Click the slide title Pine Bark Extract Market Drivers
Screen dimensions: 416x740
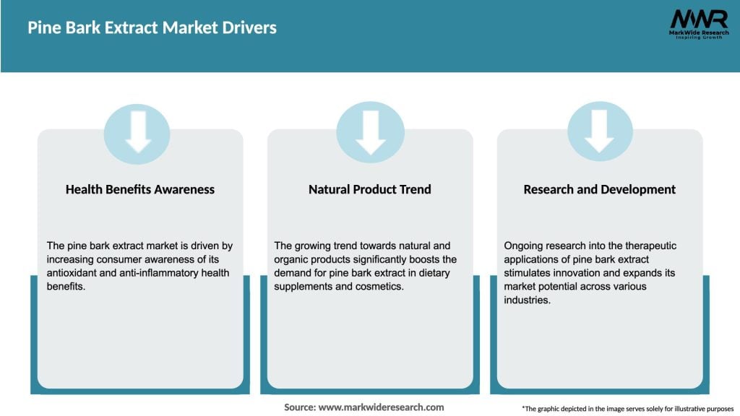coord(152,28)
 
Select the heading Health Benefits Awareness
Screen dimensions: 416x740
coord(140,189)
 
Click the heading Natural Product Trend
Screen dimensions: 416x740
coord(370,189)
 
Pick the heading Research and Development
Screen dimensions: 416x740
coord(600,189)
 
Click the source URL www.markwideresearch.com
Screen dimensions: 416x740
coord(382,407)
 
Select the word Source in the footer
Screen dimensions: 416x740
coord(299,407)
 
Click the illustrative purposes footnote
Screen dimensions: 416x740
coord(627,409)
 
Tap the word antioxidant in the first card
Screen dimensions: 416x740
coord(74,272)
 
